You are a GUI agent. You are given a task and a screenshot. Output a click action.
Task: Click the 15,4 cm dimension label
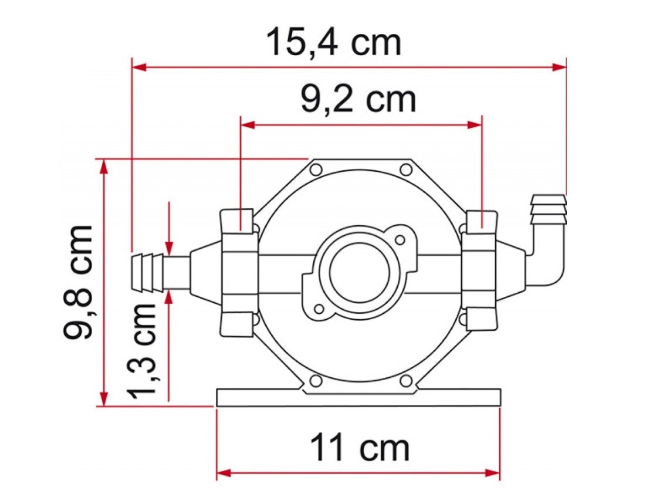click(333, 43)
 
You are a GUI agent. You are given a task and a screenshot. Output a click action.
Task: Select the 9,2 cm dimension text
click(358, 100)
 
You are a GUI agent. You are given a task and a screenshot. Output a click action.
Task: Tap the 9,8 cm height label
click(79, 282)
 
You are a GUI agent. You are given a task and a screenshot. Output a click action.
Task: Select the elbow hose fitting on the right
click(546, 246)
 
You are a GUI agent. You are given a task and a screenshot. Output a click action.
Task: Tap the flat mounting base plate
click(358, 397)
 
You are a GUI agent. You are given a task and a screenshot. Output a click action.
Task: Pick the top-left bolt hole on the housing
click(316, 170)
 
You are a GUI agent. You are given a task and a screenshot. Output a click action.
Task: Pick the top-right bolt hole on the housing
click(405, 170)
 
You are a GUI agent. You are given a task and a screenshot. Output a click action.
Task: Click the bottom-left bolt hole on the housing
click(316, 381)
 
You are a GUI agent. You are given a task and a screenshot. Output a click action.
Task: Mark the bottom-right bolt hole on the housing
click(405, 381)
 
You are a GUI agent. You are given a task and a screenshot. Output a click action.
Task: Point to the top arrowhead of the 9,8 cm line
click(104, 166)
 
